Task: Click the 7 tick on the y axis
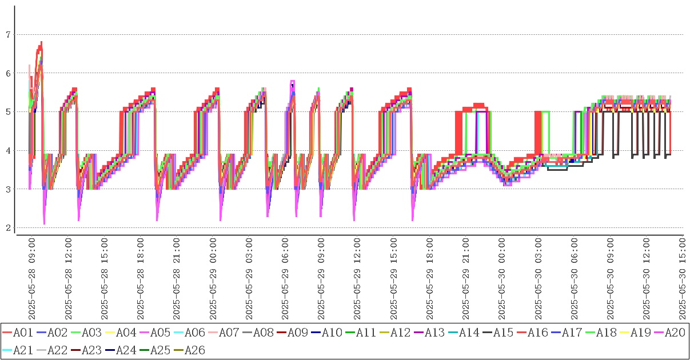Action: coord(8,35)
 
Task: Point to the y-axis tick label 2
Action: coord(8,228)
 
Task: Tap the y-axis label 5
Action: coord(8,112)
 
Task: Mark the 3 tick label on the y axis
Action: coord(8,189)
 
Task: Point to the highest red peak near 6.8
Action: coord(41,42)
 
